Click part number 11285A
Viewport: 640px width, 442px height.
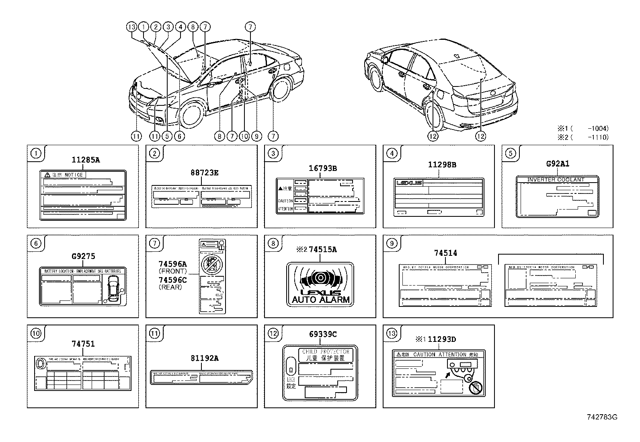pyautogui.click(x=86, y=160)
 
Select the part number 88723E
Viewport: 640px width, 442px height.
pyautogui.click(x=204, y=173)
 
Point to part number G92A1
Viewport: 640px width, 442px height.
pyautogui.click(x=558, y=164)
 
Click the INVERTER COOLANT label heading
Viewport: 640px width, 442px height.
pyautogui.click(x=556, y=180)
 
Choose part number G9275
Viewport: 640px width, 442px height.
pyautogui.click(x=84, y=256)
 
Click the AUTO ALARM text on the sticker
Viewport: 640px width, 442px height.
pyautogui.click(x=320, y=300)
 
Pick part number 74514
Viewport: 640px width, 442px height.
pyautogui.click(x=445, y=253)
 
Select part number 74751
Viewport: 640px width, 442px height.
pyautogui.click(x=83, y=344)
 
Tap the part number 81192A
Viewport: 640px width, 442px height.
pyautogui.click(x=204, y=358)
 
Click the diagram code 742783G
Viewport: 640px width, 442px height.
pyautogui.click(x=602, y=417)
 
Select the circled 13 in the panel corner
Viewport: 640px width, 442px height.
pyautogui.click(x=392, y=333)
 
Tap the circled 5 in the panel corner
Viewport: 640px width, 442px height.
pyautogui.click(x=510, y=153)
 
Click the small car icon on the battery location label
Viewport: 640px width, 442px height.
pyautogui.click(x=113, y=288)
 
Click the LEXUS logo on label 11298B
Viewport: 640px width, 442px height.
pyautogui.click(x=410, y=183)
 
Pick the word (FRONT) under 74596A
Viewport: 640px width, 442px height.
pyautogui.click(x=173, y=271)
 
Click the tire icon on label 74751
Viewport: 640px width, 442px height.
pyautogui.click(x=41, y=364)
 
